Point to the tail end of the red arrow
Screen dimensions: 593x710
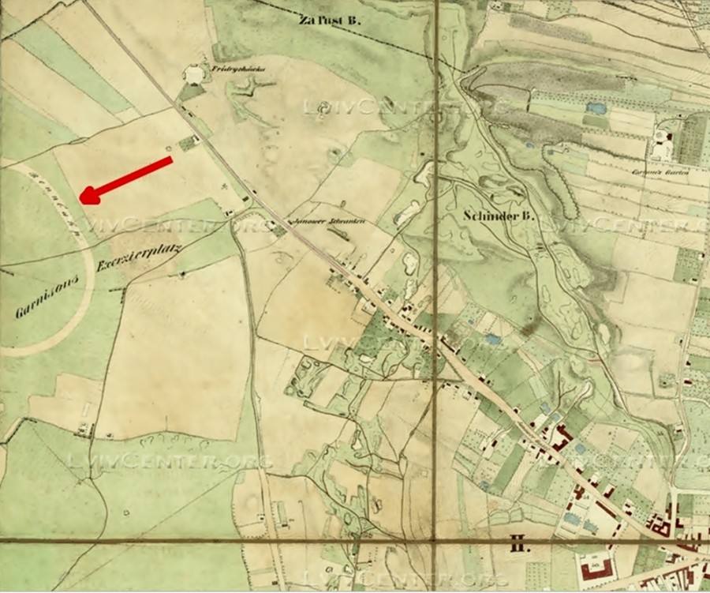[170, 160]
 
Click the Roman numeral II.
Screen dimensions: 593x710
[518, 545]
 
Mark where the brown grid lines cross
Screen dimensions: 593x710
[436, 541]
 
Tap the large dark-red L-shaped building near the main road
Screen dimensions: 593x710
[565, 437]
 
